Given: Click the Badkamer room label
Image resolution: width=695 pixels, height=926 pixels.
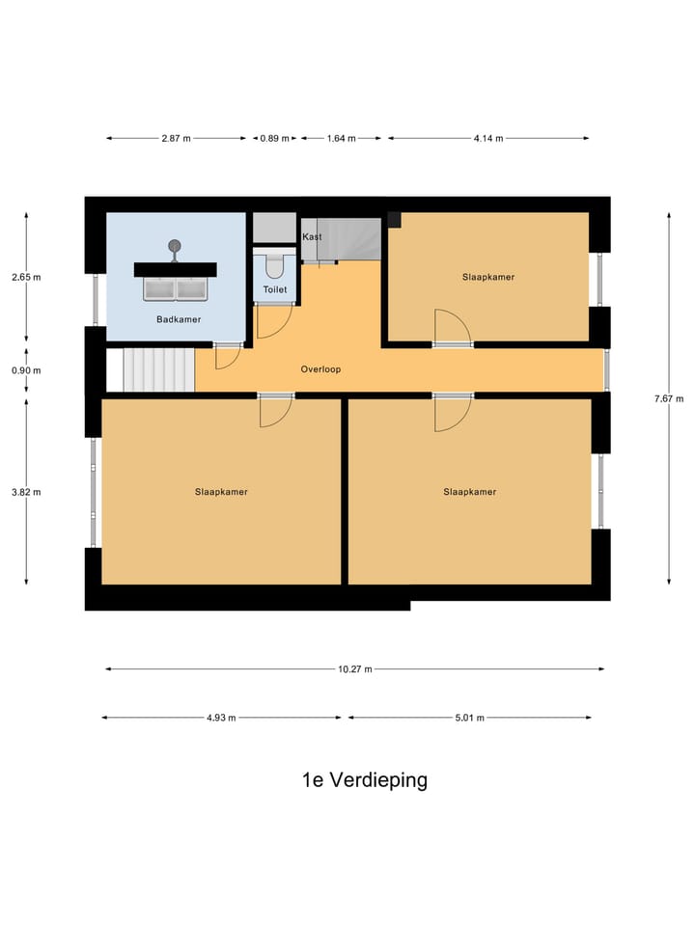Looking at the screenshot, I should tap(179, 319).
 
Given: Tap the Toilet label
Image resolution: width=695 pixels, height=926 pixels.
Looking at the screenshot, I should tap(275, 288).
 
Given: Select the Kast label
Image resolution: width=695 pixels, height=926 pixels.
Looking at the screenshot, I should tap(312, 236).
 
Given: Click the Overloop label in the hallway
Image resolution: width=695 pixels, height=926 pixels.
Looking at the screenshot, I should tap(320, 369).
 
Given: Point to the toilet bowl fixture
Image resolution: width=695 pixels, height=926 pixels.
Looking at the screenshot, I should tap(274, 264).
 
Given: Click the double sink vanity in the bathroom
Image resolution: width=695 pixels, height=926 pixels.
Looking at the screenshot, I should tap(175, 287).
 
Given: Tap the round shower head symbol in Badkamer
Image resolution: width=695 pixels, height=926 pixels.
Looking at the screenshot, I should tap(175, 245).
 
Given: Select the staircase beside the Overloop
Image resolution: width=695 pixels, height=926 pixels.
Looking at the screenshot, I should tap(158, 370).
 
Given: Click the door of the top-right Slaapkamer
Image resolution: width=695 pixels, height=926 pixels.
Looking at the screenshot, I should tap(451, 328).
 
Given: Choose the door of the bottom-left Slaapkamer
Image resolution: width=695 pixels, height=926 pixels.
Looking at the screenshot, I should tap(275, 411).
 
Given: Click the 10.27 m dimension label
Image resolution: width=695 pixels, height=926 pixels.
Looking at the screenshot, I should tap(354, 668).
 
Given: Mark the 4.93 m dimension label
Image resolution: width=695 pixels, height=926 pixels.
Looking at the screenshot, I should tap(221, 718).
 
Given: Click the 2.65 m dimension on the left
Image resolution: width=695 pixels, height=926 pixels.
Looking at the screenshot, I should tap(26, 277).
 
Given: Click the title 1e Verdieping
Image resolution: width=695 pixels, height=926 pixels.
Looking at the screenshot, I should tap(364, 780).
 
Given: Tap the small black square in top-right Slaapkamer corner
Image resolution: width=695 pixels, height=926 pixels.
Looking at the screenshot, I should tap(394, 219).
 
